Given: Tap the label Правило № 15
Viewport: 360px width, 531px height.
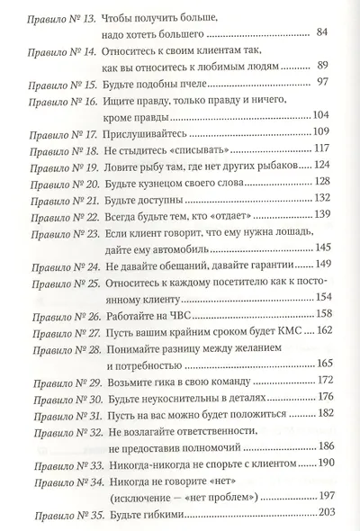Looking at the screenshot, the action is pyautogui.click(x=55, y=81).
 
